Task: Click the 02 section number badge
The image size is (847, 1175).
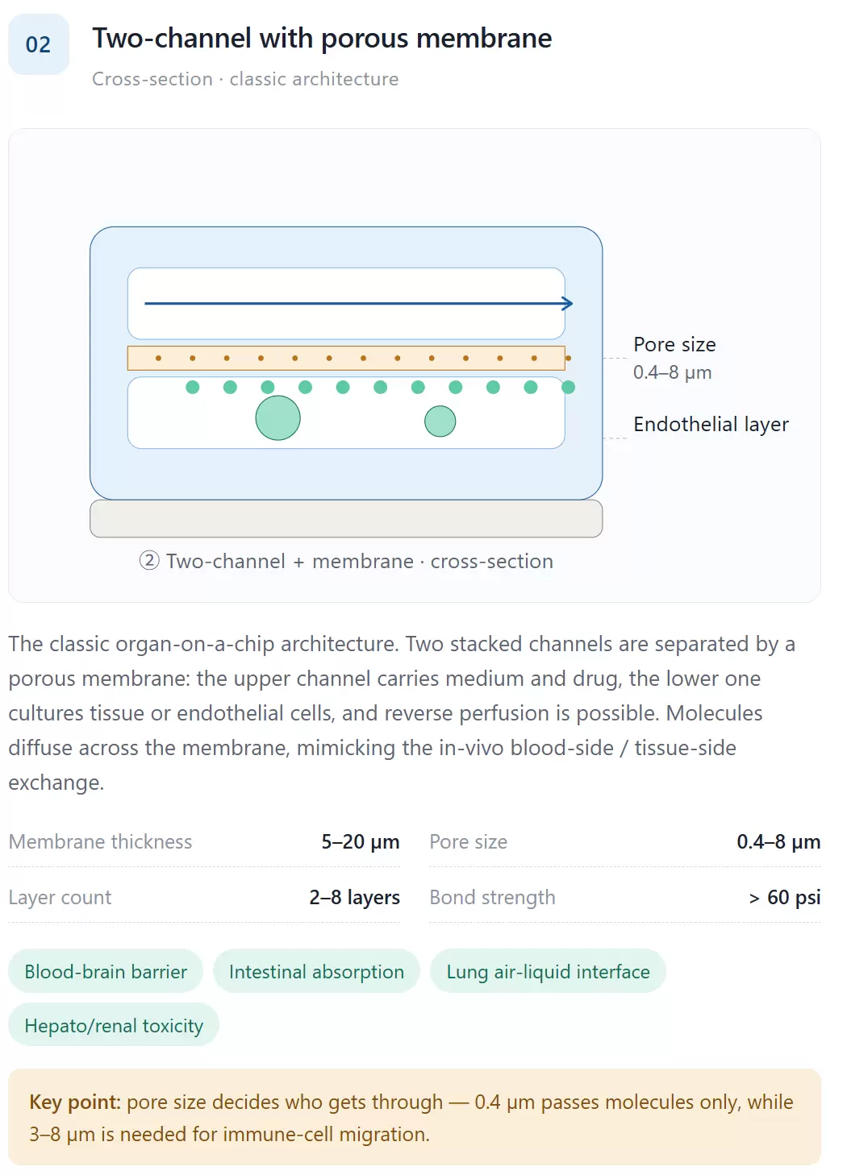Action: click(x=39, y=44)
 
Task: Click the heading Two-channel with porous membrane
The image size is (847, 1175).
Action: click(x=322, y=39)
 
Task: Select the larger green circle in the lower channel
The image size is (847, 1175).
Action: click(x=277, y=417)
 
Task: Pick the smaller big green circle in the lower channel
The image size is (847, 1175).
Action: click(x=440, y=421)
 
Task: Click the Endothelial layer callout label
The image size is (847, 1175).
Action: click(x=711, y=425)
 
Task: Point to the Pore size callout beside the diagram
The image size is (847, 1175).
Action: click(x=674, y=359)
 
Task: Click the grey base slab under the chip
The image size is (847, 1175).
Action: click(x=346, y=518)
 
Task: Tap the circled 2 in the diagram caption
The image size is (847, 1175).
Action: click(x=149, y=561)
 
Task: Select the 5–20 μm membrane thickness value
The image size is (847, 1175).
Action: click(x=361, y=842)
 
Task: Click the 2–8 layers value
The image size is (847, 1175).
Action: click(x=354, y=898)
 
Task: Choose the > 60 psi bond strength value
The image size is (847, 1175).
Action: click(x=785, y=898)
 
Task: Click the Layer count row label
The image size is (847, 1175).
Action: click(x=60, y=898)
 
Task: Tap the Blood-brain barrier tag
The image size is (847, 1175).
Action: click(x=106, y=971)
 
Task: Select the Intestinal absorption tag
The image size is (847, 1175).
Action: click(x=316, y=971)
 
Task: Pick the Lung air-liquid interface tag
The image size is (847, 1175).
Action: click(x=548, y=971)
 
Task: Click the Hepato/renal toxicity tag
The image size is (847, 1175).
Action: click(x=114, y=1025)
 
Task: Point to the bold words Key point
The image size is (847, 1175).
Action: click(x=75, y=1102)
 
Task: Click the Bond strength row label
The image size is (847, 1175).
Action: click(x=492, y=898)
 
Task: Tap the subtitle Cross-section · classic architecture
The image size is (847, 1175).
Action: click(x=245, y=79)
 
